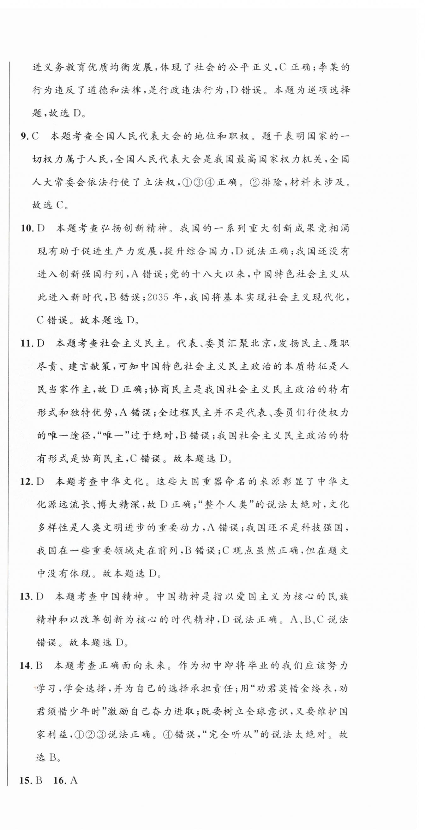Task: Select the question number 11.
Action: point(27,343)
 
